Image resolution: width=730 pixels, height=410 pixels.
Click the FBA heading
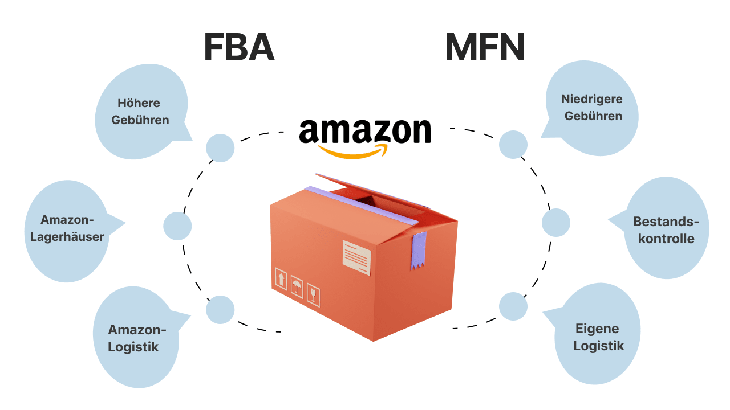point(239,48)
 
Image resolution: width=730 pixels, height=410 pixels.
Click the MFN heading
point(484,48)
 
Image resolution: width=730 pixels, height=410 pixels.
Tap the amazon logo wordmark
point(365,132)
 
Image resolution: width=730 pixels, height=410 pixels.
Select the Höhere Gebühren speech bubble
point(140,112)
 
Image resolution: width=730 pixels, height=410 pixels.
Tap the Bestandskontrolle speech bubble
point(666,230)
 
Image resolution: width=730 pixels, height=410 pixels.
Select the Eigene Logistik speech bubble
point(598,337)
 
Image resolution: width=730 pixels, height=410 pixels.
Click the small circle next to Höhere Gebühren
point(220,148)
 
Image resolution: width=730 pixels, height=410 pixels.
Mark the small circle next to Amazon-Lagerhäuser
point(177,226)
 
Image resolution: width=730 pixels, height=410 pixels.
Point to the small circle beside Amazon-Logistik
point(220,310)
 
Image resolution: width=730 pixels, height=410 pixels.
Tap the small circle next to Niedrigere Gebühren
point(513,144)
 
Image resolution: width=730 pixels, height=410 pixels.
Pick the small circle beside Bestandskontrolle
point(555,223)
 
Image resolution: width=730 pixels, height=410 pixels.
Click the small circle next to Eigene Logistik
point(513,306)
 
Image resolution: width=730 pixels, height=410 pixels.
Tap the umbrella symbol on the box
point(297,286)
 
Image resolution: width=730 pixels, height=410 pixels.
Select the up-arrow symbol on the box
point(281,279)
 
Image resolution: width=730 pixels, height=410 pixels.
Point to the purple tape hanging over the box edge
point(418,251)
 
